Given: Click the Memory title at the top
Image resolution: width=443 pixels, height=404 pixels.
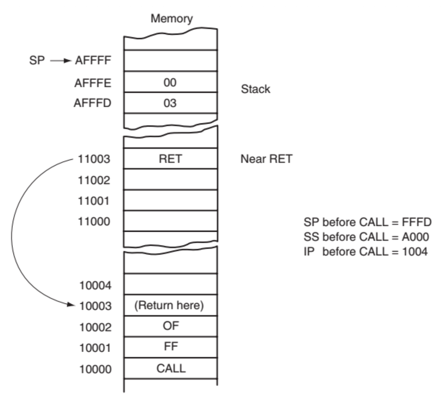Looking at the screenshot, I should tap(172, 18).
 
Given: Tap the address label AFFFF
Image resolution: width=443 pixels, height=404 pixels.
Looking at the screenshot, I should tap(93, 61).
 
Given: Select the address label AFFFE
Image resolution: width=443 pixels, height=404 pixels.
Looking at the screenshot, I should tap(93, 83).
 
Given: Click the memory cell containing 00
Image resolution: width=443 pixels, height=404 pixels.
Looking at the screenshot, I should tap(170, 82).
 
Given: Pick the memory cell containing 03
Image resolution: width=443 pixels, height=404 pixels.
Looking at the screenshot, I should tap(170, 103).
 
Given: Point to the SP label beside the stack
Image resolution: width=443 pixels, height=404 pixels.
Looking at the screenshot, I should tap(37, 61).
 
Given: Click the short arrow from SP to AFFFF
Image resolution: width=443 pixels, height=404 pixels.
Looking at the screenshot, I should tap(61, 61).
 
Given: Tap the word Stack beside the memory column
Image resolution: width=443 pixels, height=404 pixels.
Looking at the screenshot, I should tap(255, 89).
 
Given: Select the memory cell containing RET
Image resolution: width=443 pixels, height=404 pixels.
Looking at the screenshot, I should tap(170, 159).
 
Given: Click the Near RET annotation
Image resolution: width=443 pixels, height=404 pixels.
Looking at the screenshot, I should tap(266, 159).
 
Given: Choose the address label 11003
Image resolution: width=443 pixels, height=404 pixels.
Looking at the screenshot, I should tap(94, 159).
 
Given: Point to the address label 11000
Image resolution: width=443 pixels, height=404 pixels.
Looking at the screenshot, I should tap(94, 221).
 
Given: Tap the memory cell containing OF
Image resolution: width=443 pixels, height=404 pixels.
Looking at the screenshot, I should tap(171, 326).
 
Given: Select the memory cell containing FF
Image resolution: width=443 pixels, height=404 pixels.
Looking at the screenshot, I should tap(171, 347).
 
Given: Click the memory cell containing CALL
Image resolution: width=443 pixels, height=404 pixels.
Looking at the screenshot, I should tap(171, 368).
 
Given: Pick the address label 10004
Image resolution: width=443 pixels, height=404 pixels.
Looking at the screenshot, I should tap(96, 286).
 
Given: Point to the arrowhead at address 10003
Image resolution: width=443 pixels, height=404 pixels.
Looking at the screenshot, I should tap(72, 305).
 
